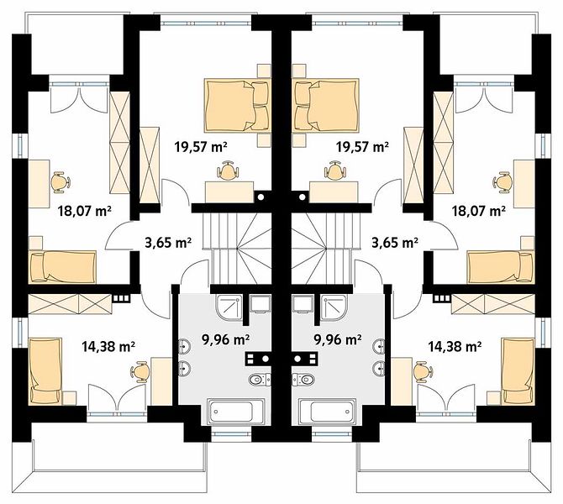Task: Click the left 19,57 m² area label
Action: [201, 146]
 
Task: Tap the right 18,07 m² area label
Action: [479, 210]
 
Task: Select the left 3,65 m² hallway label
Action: [168, 243]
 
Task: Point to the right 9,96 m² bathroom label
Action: [338, 339]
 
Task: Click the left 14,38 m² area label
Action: [108, 346]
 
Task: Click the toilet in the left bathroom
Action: [260, 379]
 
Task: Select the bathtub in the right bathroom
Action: [327, 411]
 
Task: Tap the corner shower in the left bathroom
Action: [229, 307]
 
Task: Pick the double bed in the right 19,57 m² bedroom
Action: [327, 105]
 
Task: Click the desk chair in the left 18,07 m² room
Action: [61, 182]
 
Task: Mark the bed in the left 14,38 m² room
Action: [45, 371]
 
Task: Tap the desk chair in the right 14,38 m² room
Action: [424, 371]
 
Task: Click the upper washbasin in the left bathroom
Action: [185, 347]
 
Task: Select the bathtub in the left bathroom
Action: [236, 411]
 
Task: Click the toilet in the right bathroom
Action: [303, 379]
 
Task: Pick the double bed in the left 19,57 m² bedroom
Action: [237, 105]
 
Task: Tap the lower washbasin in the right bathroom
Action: [378, 368]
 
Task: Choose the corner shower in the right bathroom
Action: [334, 307]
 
